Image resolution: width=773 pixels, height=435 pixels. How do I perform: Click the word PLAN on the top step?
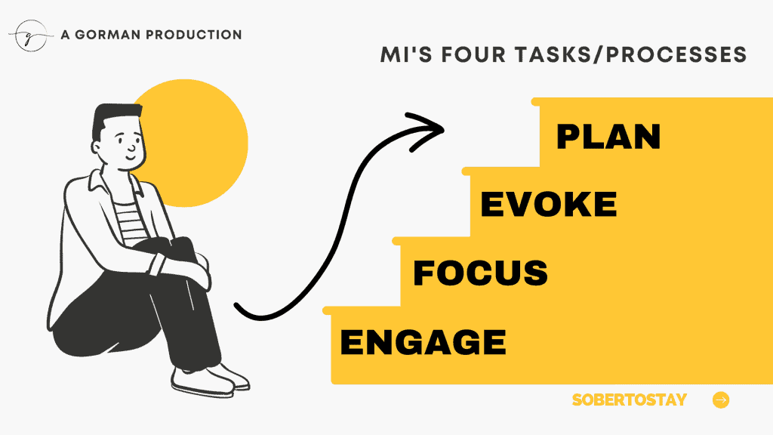(608, 137)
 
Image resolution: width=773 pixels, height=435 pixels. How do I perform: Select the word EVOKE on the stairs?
(548, 204)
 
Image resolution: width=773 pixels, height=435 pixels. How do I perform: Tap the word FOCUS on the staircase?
(480, 273)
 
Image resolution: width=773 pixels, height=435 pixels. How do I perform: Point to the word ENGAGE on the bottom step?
(423, 342)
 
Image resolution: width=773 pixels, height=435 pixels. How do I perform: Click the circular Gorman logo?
(30, 35)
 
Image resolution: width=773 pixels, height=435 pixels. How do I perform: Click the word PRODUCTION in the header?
(194, 35)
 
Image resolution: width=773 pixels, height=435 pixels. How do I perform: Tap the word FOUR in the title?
(473, 54)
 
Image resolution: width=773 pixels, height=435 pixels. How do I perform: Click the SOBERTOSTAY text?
(629, 400)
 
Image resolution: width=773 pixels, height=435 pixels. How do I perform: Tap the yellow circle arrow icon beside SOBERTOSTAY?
(721, 400)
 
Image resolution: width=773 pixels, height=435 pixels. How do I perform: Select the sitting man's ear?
(97, 147)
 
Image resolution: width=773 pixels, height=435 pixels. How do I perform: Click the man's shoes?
(210, 380)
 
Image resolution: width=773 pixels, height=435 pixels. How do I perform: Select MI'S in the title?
(406, 54)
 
